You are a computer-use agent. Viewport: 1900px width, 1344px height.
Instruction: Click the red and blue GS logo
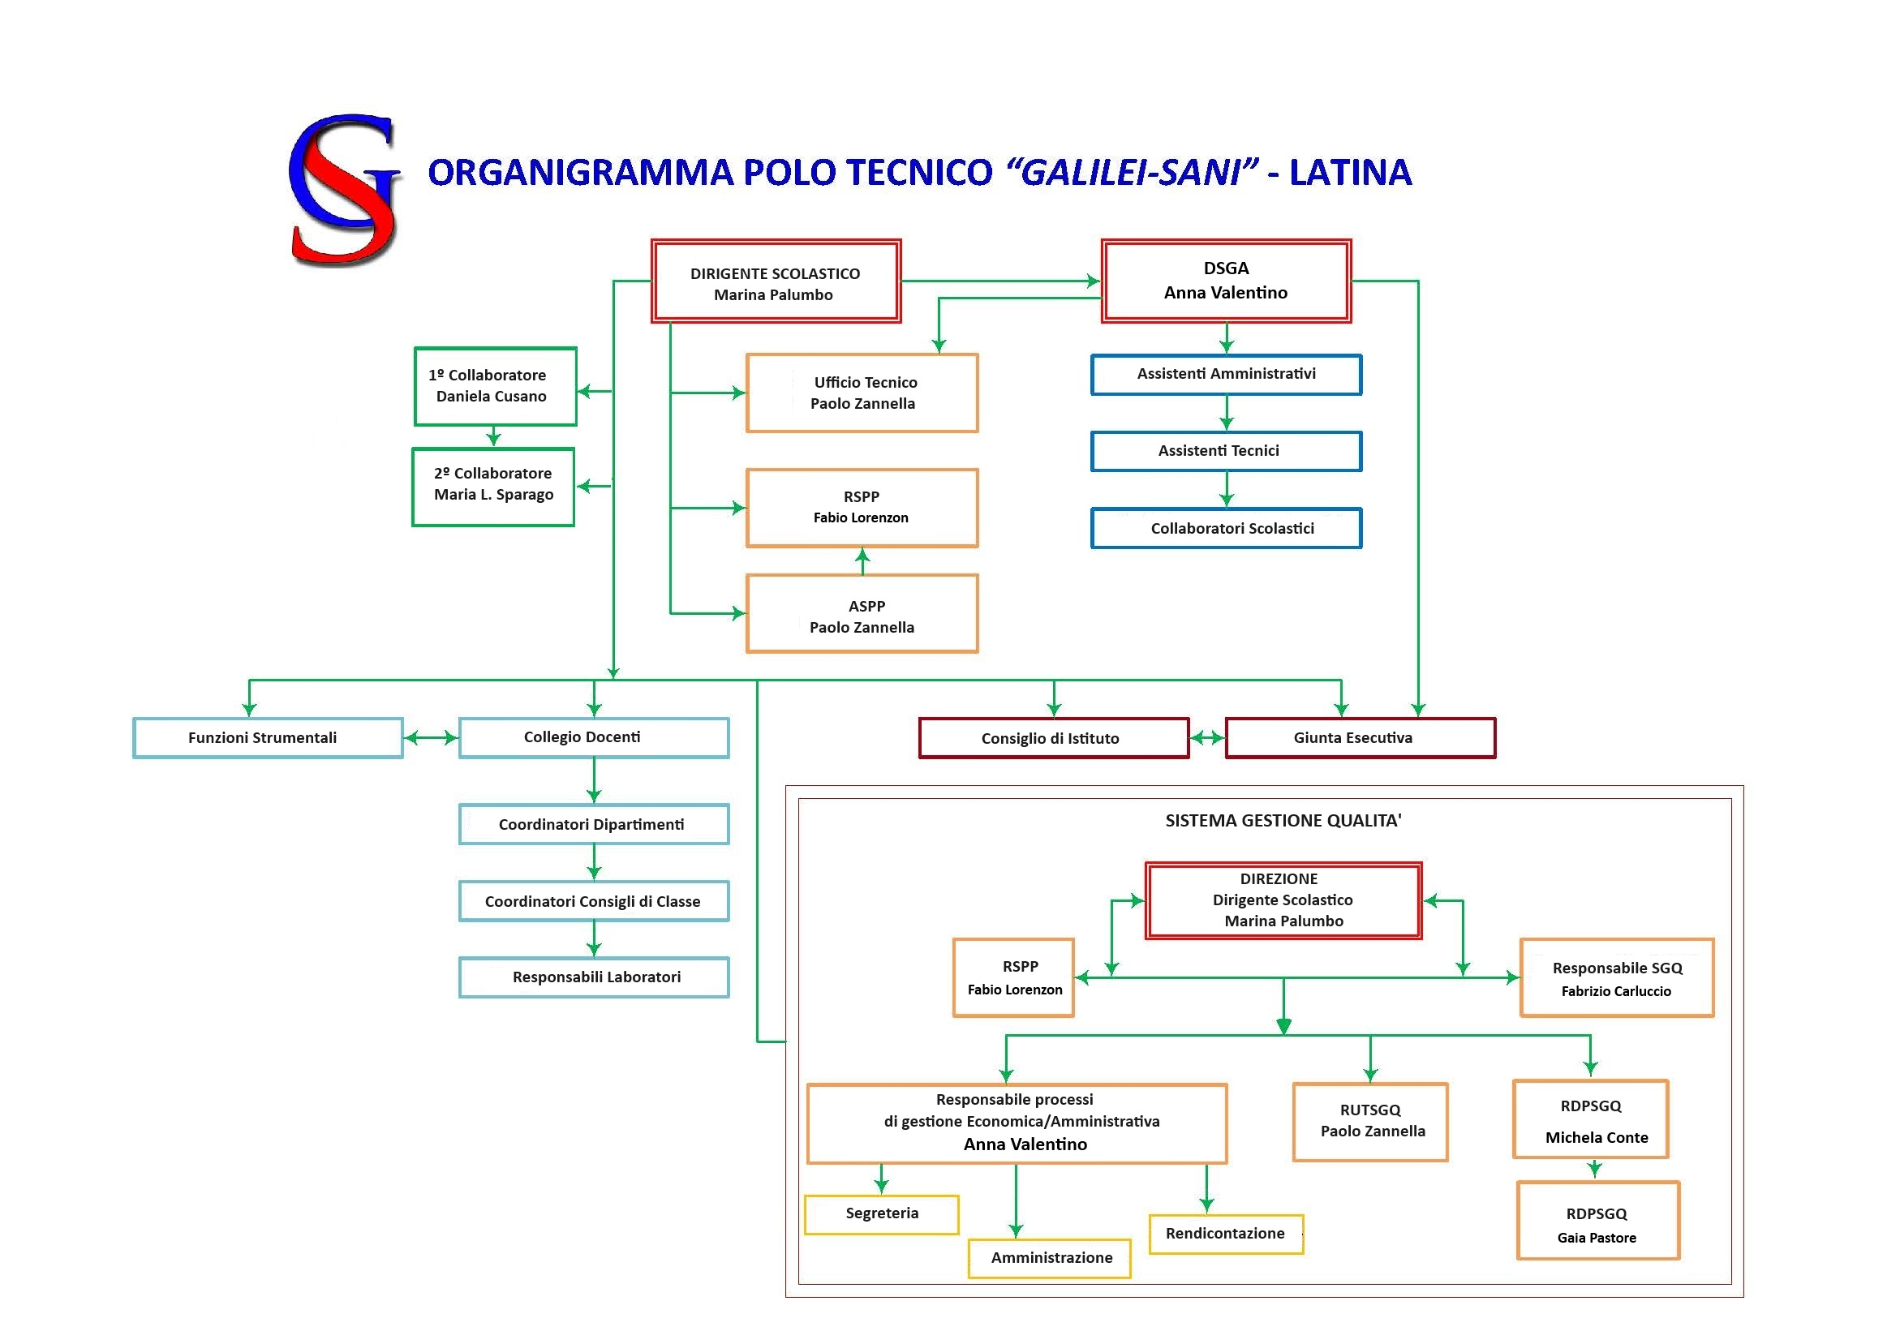343,190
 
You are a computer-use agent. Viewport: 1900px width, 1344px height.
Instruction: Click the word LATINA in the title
1350,172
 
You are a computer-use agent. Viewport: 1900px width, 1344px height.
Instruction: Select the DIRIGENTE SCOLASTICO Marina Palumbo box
776,281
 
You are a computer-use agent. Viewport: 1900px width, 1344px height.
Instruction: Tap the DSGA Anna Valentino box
1226,281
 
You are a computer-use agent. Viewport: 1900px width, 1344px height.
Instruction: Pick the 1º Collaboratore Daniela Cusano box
495,386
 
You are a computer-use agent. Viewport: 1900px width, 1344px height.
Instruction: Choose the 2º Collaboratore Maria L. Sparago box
493,487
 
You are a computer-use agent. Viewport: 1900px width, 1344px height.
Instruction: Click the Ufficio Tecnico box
862,393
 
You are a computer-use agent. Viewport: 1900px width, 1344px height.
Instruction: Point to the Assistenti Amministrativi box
1226,375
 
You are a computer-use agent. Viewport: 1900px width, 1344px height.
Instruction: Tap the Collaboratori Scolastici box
1226,529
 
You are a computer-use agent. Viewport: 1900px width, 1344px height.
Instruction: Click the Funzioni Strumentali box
267,737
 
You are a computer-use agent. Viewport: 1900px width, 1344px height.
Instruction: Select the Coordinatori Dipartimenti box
593,824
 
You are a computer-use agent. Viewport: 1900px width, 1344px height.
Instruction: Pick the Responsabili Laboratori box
593,977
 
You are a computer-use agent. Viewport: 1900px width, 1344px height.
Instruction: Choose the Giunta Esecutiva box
1360,737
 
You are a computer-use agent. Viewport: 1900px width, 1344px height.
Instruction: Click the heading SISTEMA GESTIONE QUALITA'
1283,821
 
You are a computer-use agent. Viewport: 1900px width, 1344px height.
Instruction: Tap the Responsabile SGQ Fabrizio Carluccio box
1616,977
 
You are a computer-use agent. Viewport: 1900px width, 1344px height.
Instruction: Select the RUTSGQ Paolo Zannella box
1370,1122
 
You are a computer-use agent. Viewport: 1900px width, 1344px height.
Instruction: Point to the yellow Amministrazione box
1049,1258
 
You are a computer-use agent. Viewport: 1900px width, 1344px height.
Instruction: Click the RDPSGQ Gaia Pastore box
1597,1220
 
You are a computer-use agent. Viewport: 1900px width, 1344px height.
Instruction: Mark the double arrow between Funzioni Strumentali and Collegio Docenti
430,737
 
